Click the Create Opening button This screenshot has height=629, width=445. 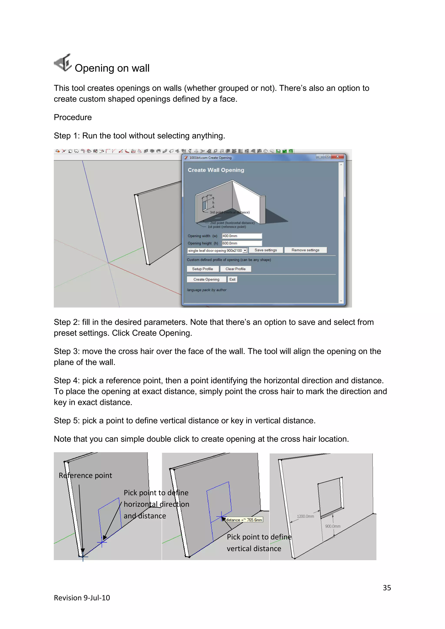(x=206, y=280)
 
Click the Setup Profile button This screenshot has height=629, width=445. (x=203, y=269)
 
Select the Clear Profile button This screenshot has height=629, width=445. (x=235, y=269)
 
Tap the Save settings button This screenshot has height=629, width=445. (x=266, y=250)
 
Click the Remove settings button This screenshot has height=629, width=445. (x=305, y=250)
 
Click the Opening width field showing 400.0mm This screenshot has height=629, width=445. (x=242, y=236)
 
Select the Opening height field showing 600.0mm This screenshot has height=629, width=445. (x=242, y=243)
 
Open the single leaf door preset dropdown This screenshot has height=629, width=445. (x=245, y=251)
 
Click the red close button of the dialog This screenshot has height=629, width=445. (x=338, y=156)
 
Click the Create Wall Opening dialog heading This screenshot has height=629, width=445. (x=216, y=170)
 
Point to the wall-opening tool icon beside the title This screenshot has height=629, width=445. (x=63, y=63)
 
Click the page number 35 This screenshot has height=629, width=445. (x=387, y=588)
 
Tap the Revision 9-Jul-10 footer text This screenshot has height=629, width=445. (x=82, y=598)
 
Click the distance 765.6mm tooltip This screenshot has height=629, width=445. (x=244, y=520)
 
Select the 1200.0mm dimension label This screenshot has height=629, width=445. (x=305, y=516)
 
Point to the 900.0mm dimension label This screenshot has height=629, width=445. (x=333, y=526)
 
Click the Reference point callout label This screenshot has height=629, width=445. (x=85, y=476)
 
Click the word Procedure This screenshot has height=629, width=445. (x=73, y=118)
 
